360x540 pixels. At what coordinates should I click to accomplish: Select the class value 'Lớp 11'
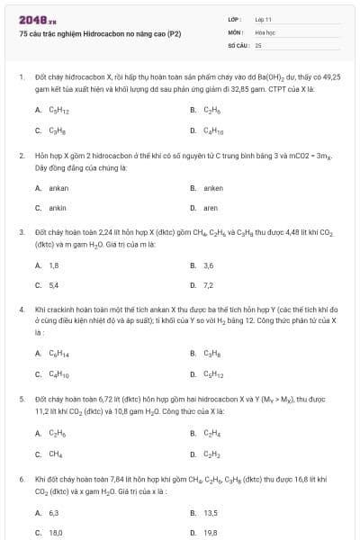263,19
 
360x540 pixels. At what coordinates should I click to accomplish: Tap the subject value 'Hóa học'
264,31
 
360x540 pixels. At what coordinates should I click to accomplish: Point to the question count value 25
258,44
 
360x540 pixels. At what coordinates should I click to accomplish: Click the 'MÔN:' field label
236,31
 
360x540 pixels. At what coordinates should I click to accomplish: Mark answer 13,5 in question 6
211,512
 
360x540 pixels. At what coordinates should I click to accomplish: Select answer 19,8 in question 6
211,532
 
